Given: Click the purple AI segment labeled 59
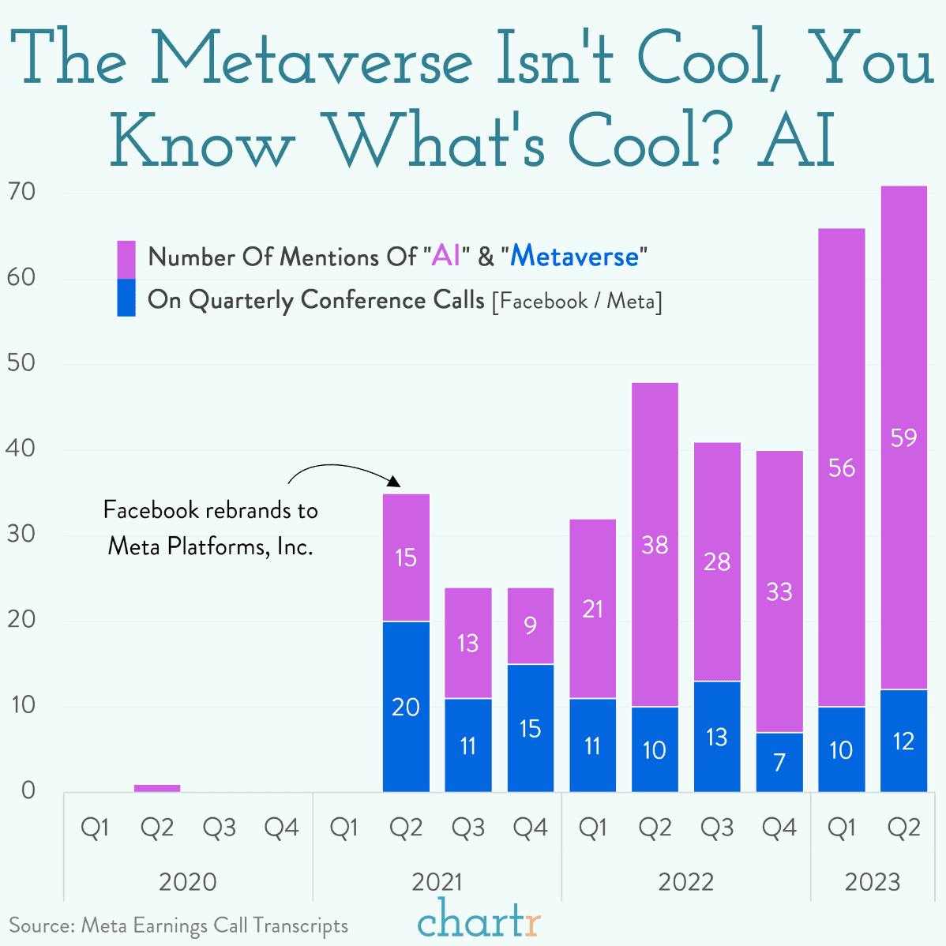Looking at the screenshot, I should pyautogui.click(x=903, y=438).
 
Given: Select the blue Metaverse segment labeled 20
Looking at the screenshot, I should pyautogui.click(x=406, y=706).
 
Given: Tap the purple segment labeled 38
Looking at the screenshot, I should pyautogui.click(x=655, y=544).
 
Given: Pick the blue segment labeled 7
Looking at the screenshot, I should pyautogui.click(x=779, y=762).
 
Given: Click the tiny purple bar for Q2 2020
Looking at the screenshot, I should pyautogui.click(x=157, y=787).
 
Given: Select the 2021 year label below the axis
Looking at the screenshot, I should pyautogui.click(x=437, y=881).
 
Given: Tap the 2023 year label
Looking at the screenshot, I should pyautogui.click(x=873, y=881).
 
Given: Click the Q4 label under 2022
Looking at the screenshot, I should pyautogui.click(x=779, y=828).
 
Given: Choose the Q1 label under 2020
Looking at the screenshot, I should pyautogui.click(x=95, y=828).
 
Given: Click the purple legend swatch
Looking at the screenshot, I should pyautogui.click(x=126, y=259).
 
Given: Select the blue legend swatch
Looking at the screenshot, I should pyautogui.click(x=126, y=298).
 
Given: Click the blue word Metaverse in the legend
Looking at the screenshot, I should pyautogui.click(x=574, y=257).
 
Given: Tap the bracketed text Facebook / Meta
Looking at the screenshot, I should pyautogui.click(x=576, y=302).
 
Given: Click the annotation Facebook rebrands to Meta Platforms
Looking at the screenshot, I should pyautogui.click(x=210, y=527).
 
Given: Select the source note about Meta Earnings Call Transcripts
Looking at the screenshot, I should pyautogui.click(x=178, y=925).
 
